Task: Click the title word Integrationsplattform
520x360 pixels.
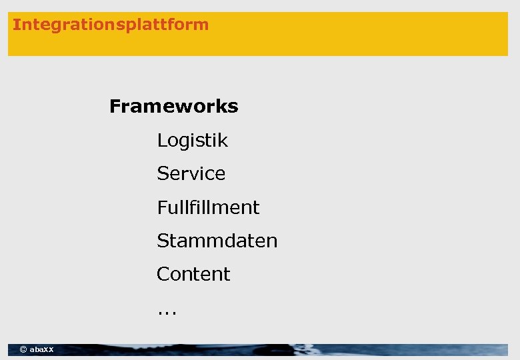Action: [111, 25]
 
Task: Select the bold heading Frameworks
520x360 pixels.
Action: [173, 107]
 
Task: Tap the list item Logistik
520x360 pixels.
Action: [192, 141]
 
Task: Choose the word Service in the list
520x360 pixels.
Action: [191, 174]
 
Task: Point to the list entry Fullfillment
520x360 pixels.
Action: [208, 207]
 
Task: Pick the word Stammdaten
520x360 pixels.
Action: [217, 241]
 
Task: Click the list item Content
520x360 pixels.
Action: [193, 274]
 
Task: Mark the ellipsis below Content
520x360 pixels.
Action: [167, 311]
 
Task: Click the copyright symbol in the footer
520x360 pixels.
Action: [23, 349]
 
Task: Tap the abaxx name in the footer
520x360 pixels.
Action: [42, 349]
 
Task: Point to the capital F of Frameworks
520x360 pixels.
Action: [115, 107]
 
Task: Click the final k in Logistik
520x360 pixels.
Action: [223, 141]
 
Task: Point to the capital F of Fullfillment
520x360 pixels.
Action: [161, 207]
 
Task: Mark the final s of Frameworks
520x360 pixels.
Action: [233, 107]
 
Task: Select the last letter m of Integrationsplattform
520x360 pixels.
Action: [202, 25]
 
